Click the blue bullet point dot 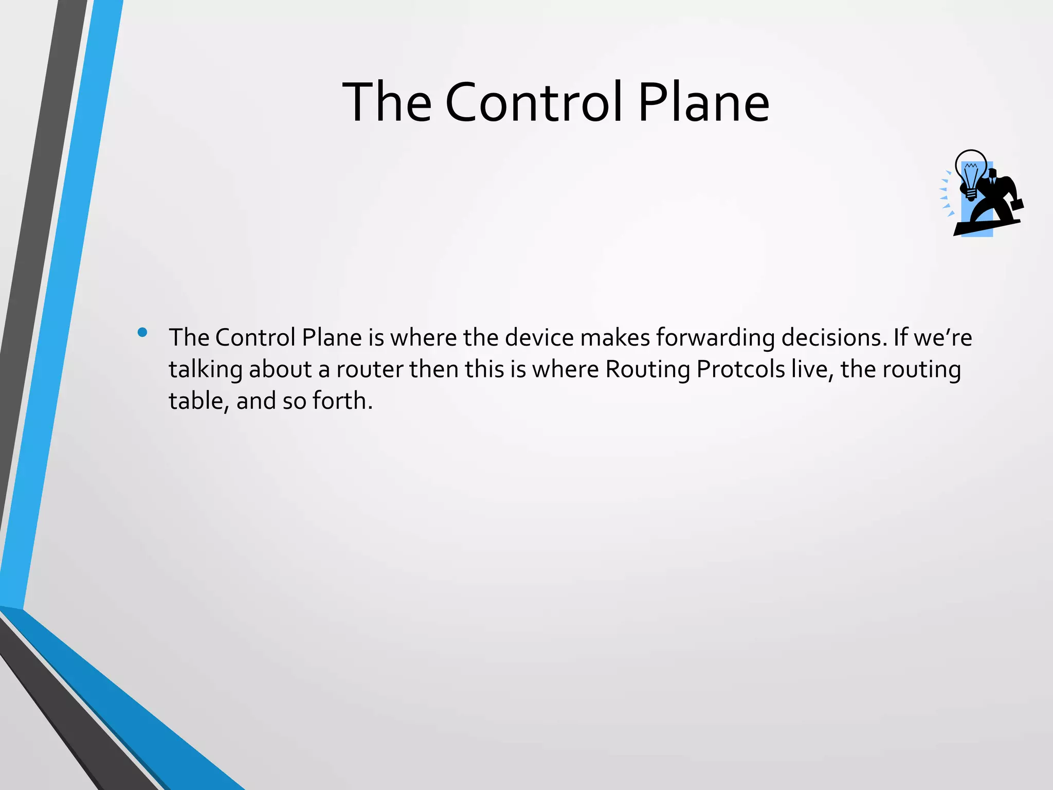142,332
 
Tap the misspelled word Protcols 740,370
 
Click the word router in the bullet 370,370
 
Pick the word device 539,338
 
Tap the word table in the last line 196,401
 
